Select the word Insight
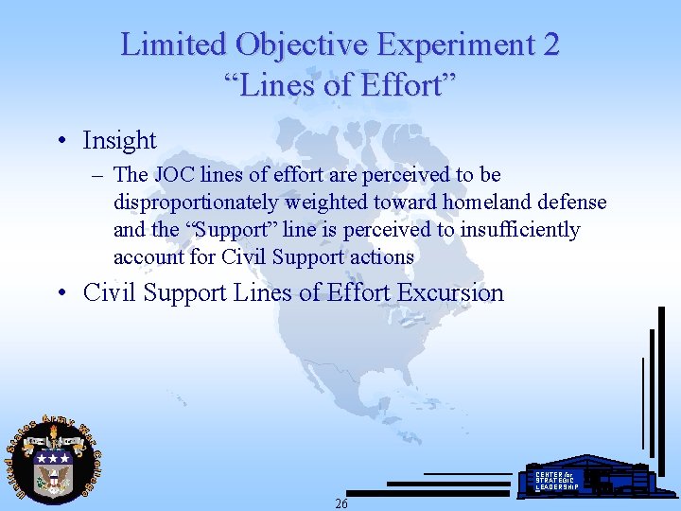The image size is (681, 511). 119,140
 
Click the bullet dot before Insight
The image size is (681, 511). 61,141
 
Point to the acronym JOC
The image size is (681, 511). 172,175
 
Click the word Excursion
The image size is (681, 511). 450,292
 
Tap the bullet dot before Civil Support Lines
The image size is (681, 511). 61,293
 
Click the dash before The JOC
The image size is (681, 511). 97,175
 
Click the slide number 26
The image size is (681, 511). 341,503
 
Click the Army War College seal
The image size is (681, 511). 52,460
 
